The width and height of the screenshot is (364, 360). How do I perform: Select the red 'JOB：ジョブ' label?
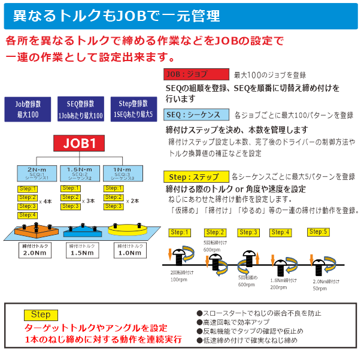click(196, 75)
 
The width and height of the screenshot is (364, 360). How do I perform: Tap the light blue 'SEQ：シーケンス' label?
click(196, 114)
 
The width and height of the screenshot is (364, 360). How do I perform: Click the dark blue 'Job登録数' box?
click(27, 108)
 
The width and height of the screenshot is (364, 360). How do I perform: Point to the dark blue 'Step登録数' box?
click(132, 108)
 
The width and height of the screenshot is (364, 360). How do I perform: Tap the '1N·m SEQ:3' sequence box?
click(122, 174)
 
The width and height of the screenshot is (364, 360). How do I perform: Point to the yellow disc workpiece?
click(128, 228)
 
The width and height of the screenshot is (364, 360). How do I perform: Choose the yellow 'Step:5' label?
click(318, 232)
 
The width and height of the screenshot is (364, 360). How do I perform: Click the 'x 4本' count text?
click(45, 202)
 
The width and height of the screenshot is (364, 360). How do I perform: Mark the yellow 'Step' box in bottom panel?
click(41, 315)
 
